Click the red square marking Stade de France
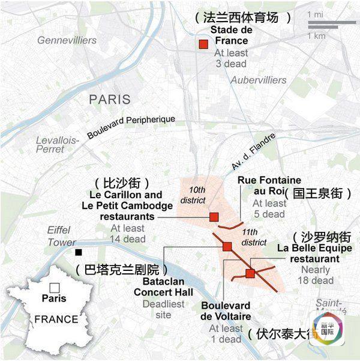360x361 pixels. (x=203, y=44)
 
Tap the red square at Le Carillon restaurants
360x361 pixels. (x=214, y=216)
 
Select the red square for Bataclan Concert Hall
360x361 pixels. (x=227, y=246)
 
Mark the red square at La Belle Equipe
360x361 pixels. (x=250, y=273)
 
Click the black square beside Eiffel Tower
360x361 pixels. (x=79, y=252)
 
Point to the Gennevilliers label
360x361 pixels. (x=67, y=40)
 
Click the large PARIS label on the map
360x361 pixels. (x=110, y=99)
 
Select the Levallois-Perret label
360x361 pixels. (x=58, y=144)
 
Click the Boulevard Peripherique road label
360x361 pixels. (x=131, y=127)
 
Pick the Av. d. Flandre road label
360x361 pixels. (x=253, y=151)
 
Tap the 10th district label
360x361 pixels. (x=193, y=194)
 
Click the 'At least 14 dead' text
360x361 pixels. (x=128, y=234)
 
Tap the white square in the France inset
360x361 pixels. (x=55, y=287)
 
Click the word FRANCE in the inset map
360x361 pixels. (x=56, y=319)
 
